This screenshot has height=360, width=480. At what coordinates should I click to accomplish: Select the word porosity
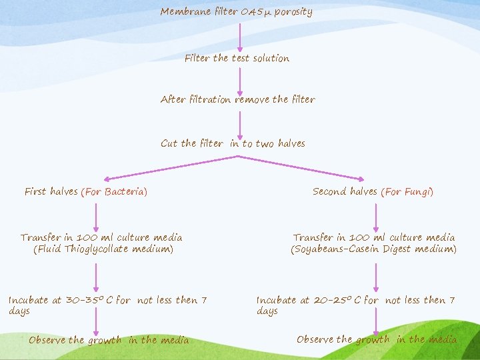coord(293,12)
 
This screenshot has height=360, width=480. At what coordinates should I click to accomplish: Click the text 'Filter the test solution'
coord(237,58)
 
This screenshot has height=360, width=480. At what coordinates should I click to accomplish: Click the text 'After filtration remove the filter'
coord(237,99)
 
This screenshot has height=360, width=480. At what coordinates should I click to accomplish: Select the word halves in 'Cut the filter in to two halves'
coord(291,143)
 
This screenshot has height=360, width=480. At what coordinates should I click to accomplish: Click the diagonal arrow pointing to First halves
coord(170,167)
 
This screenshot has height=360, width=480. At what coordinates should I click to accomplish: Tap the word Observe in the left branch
coord(47,340)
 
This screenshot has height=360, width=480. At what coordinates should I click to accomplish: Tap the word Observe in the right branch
coord(315,339)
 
